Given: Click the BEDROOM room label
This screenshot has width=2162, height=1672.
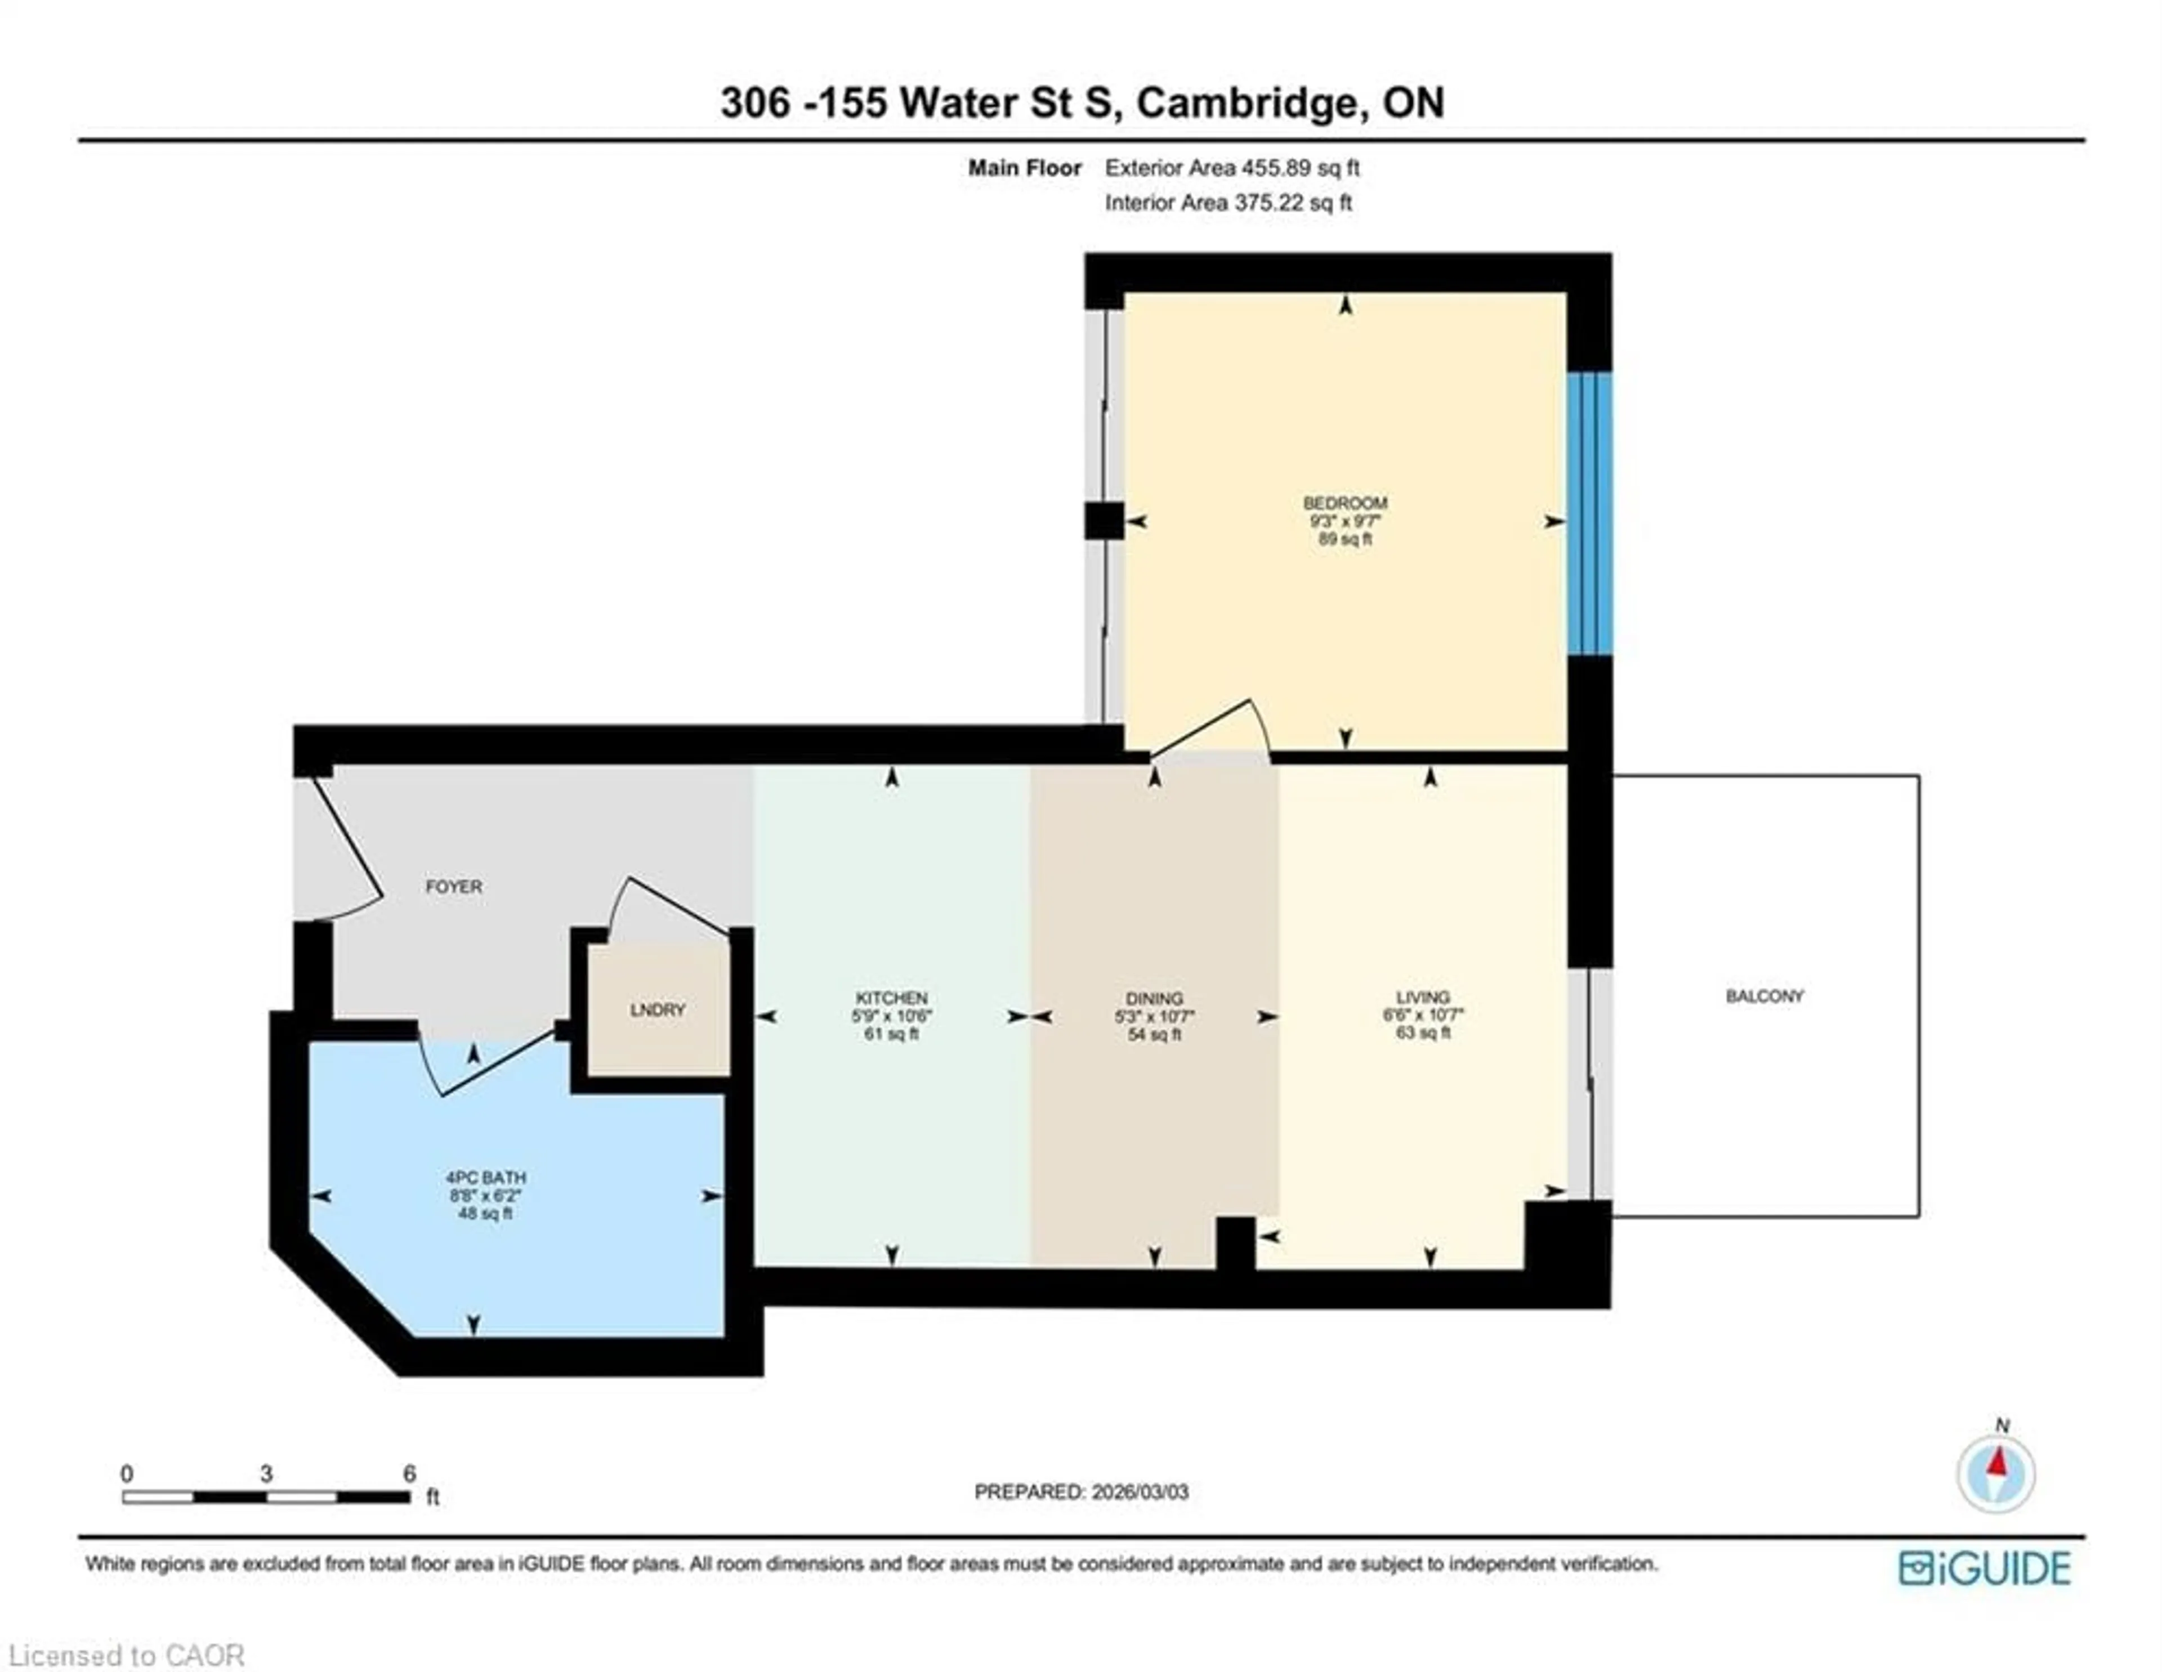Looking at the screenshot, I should [1344, 503].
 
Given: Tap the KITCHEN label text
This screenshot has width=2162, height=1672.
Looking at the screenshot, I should [891, 998].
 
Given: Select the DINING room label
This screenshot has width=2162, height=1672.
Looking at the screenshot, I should [1154, 999].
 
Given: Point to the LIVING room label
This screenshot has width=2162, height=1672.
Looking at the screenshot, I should [1423, 997].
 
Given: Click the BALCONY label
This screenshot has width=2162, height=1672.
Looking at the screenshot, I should [1764, 996].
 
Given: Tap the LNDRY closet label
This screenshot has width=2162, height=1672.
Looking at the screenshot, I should [657, 1010].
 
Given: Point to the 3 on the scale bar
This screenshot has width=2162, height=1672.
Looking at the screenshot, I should [266, 1474].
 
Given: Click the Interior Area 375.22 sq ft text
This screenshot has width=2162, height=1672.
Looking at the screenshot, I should [1227, 203].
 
